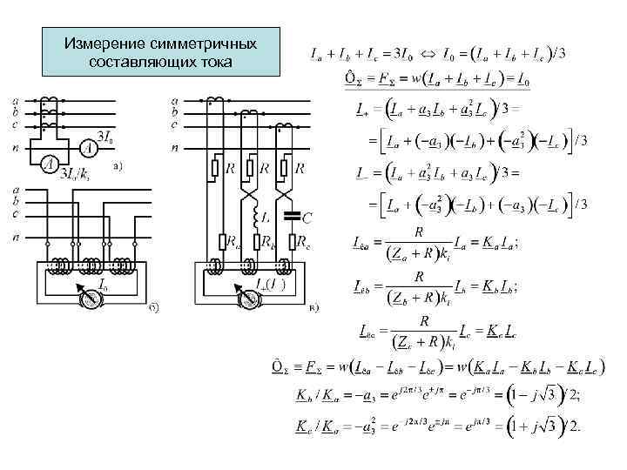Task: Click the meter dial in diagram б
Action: [90, 298]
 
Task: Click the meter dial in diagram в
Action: [251, 298]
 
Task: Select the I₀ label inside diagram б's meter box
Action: [104, 284]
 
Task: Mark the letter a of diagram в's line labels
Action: [176, 101]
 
